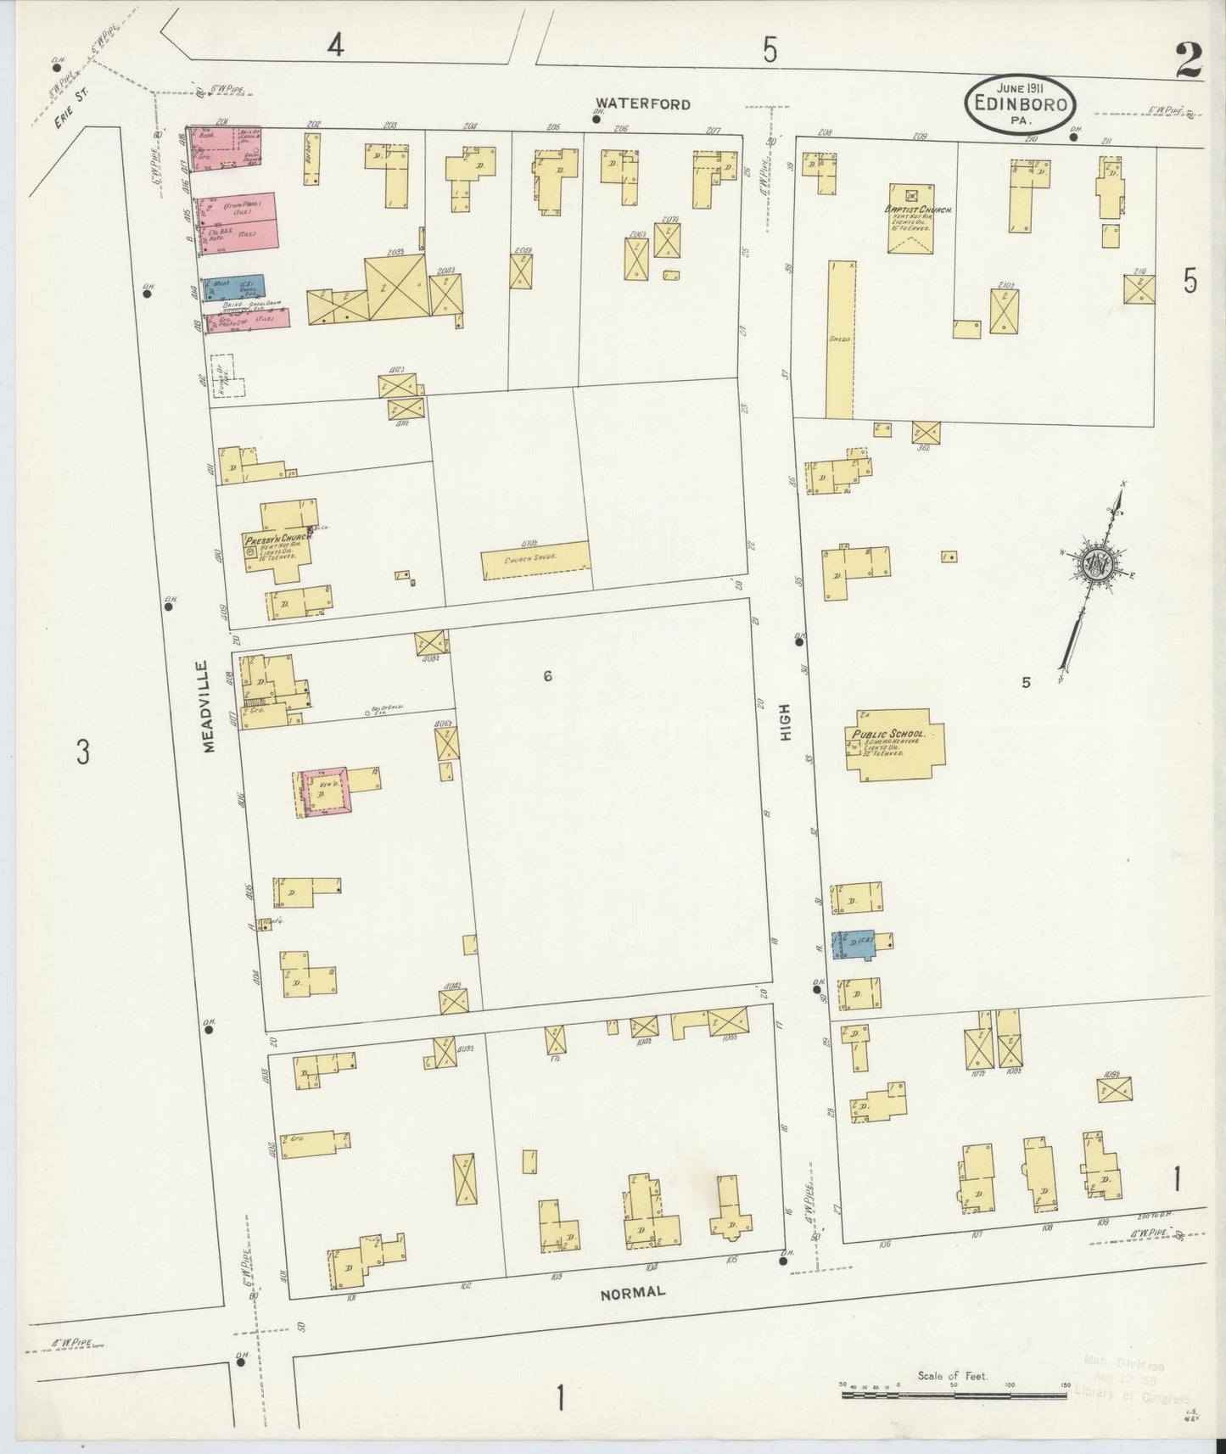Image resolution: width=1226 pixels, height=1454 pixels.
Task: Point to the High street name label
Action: (x=785, y=723)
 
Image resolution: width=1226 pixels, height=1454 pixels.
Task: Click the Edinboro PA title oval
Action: (x=1021, y=104)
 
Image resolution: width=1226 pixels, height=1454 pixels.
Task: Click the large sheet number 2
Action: (x=1188, y=61)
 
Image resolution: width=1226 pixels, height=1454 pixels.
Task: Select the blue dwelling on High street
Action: (x=854, y=944)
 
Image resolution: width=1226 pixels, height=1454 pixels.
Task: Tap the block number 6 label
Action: (x=548, y=676)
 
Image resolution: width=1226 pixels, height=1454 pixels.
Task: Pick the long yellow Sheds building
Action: (x=840, y=339)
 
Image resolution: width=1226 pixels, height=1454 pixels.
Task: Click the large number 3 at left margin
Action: (x=82, y=752)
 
